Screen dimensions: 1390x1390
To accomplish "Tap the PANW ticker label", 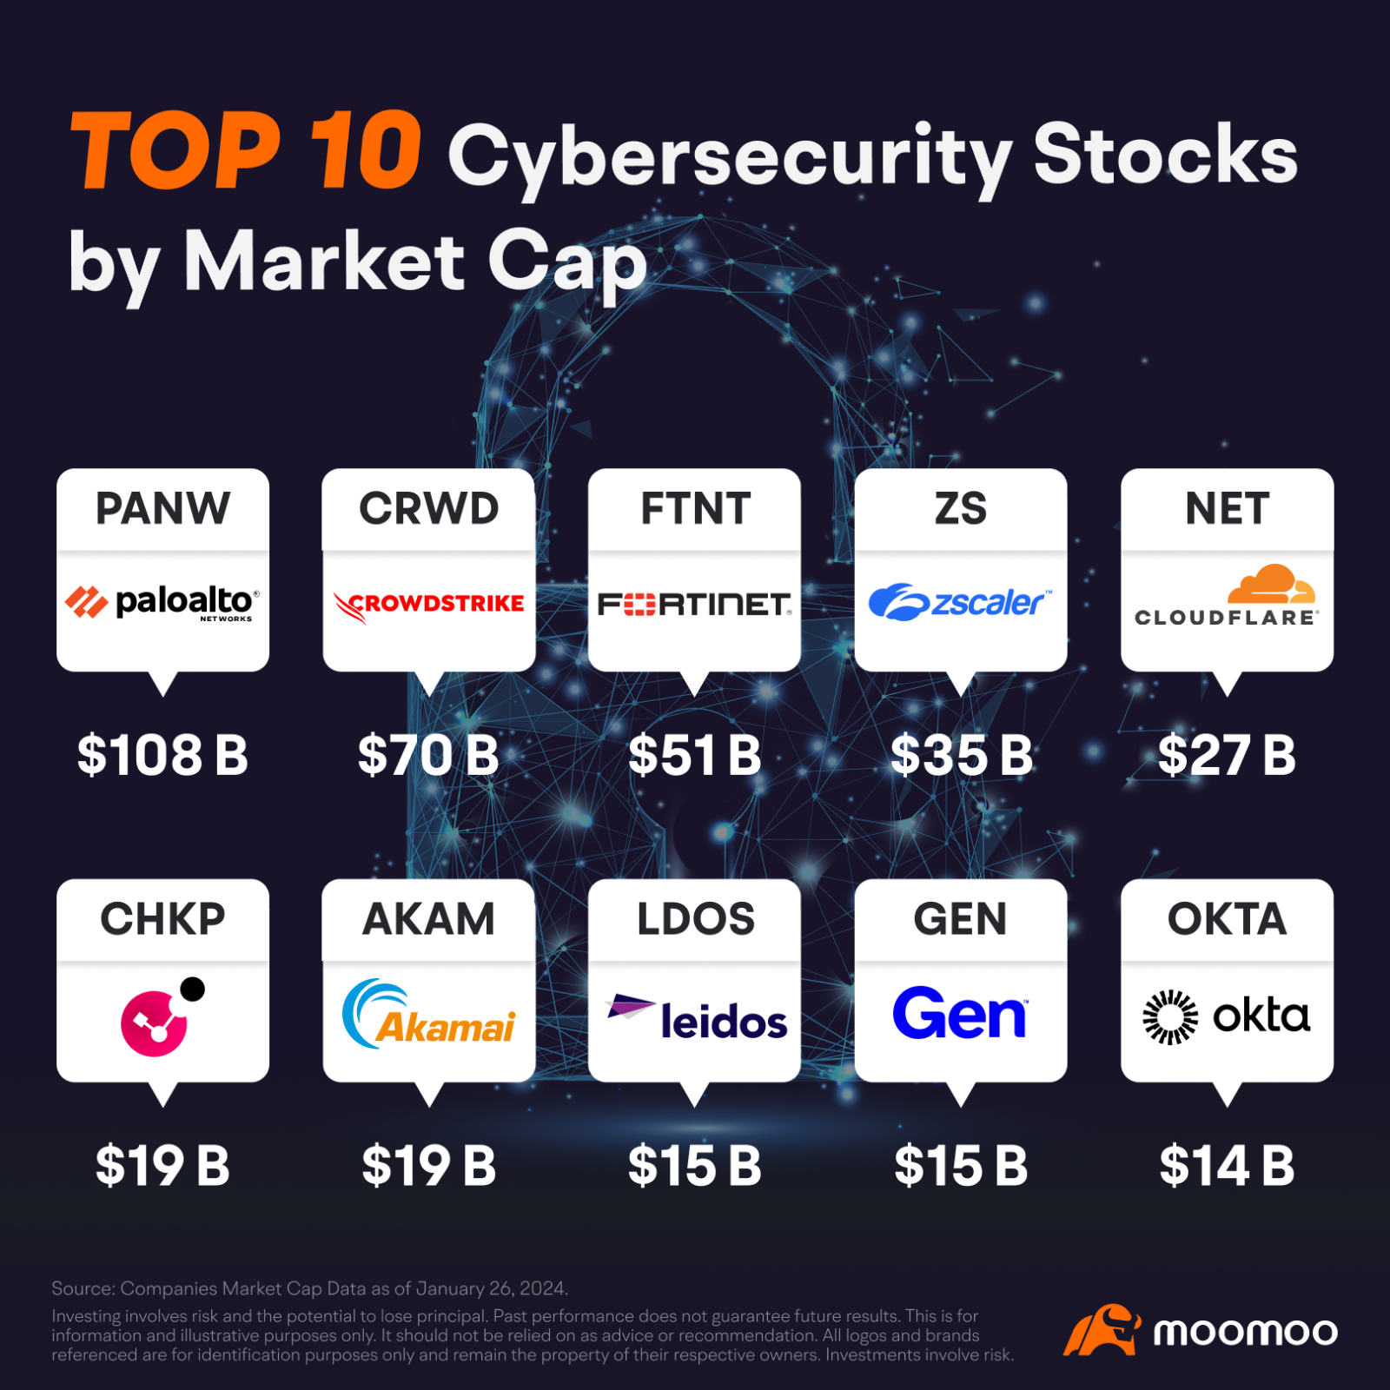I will tap(162, 508).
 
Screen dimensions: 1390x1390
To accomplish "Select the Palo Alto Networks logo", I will tap(162, 602).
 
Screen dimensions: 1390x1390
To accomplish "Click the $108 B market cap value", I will tap(162, 755).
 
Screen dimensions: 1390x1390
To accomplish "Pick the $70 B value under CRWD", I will tap(428, 755).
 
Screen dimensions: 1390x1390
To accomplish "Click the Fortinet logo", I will tap(694, 604).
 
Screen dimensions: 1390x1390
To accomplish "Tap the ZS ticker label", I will tap(961, 508).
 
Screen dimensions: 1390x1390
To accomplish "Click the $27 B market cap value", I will tap(1227, 755).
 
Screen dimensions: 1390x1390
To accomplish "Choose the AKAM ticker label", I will tap(428, 919).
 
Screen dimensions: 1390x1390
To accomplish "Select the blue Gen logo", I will tap(960, 1014).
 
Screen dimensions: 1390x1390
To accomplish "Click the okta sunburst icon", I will tap(1169, 1016).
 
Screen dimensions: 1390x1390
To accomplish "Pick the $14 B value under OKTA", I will tap(1227, 1166).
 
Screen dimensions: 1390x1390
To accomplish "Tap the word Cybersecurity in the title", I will tap(729, 156).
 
